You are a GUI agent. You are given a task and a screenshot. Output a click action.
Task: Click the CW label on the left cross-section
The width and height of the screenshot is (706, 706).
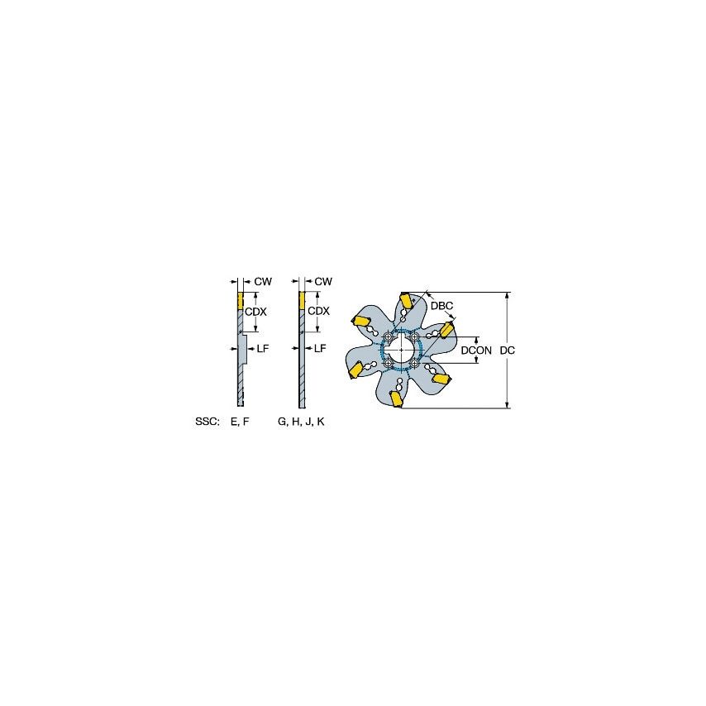[x=263, y=282]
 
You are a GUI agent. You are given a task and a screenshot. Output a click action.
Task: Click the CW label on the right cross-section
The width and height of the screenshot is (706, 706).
[x=323, y=282]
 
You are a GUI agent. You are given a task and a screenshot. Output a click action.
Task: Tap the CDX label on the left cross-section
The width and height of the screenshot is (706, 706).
[x=255, y=311]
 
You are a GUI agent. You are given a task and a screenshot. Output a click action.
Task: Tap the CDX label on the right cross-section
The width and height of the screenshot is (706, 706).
[x=318, y=311]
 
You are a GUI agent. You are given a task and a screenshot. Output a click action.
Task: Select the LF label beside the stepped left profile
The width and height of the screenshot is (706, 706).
[x=263, y=349]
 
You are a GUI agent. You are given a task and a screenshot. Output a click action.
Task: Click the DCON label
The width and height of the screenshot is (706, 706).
[x=476, y=351]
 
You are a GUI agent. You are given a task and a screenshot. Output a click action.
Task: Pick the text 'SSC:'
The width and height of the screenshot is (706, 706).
[x=208, y=422]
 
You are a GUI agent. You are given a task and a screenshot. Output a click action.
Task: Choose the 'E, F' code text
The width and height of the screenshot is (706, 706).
[x=239, y=422]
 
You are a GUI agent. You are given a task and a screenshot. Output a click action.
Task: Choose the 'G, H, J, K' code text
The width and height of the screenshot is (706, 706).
[x=301, y=422]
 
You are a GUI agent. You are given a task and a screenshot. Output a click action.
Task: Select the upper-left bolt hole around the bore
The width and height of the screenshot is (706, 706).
[x=388, y=336]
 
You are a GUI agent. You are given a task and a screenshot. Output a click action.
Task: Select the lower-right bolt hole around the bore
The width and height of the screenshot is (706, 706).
[x=414, y=363]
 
